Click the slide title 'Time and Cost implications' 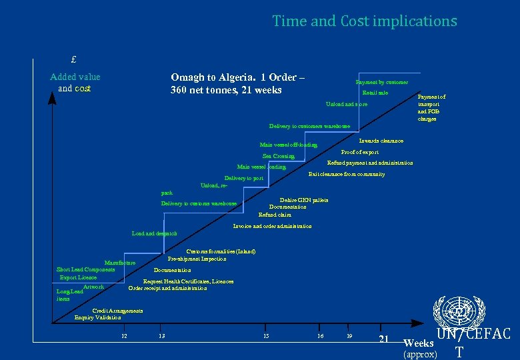point(364,21)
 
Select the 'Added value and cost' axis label point(75,83)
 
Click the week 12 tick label point(124,335)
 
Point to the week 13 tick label point(161,335)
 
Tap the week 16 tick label point(320,335)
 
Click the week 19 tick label point(349,335)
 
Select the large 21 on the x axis point(383,339)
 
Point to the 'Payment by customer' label point(382,82)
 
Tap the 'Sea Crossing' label point(279,157)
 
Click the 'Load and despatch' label point(155,234)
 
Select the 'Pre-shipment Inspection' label point(197,259)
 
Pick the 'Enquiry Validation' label point(98,318)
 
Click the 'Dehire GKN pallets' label point(304,200)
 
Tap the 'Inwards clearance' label point(381,141)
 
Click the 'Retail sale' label point(375,93)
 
